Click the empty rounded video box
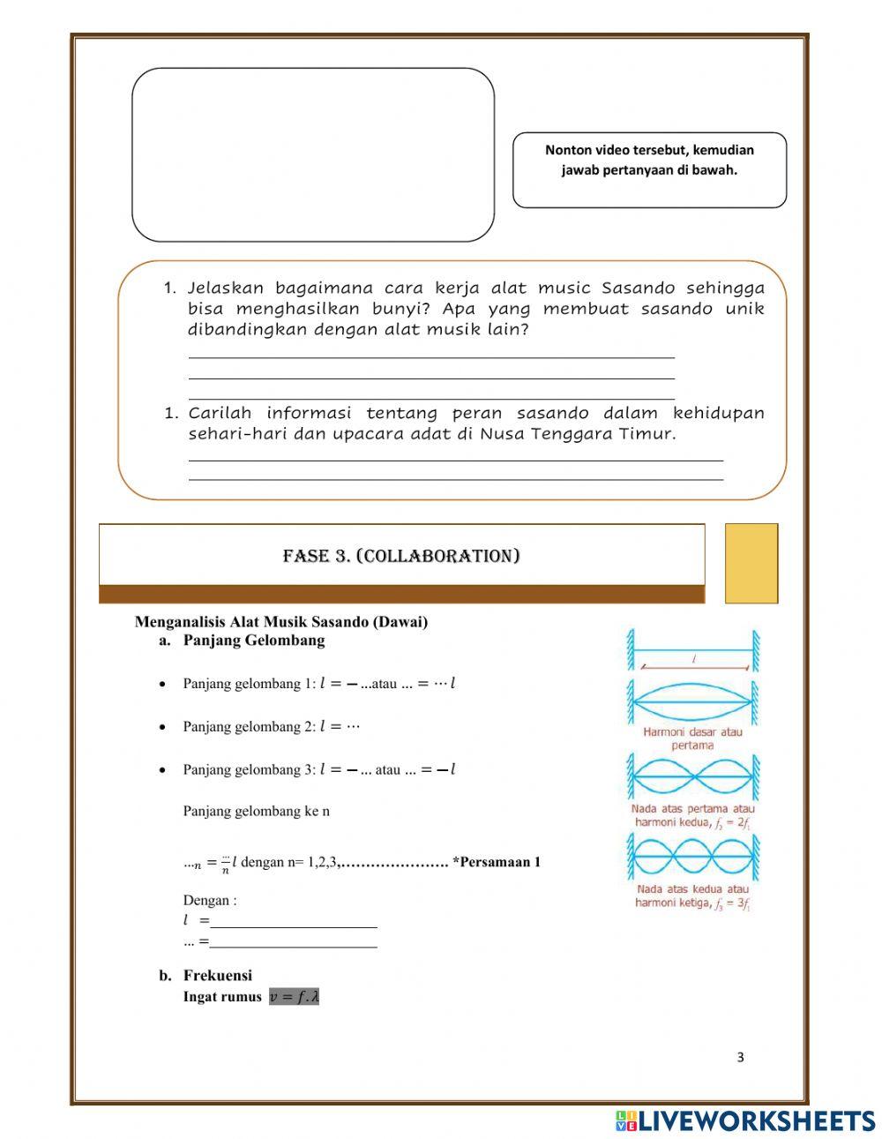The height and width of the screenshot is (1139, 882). (312, 154)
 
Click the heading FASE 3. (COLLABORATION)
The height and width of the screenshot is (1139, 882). (400, 556)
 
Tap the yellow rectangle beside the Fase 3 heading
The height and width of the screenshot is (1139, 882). (751, 563)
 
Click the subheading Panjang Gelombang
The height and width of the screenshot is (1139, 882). (253, 641)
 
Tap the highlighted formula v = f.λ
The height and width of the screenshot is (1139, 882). (294, 996)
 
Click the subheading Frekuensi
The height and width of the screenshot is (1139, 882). (217, 975)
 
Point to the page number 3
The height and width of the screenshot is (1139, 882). (740, 1058)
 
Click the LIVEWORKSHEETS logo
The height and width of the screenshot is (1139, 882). (744, 1120)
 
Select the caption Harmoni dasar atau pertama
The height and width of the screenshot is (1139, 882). (692, 738)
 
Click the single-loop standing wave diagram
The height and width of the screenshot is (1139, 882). (692, 702)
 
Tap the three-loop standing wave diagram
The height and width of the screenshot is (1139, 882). (692, 856)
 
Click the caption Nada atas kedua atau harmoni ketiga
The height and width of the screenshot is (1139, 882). (692, 896)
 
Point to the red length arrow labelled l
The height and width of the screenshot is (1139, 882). (693, 666)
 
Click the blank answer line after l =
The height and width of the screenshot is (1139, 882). (293, 922)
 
